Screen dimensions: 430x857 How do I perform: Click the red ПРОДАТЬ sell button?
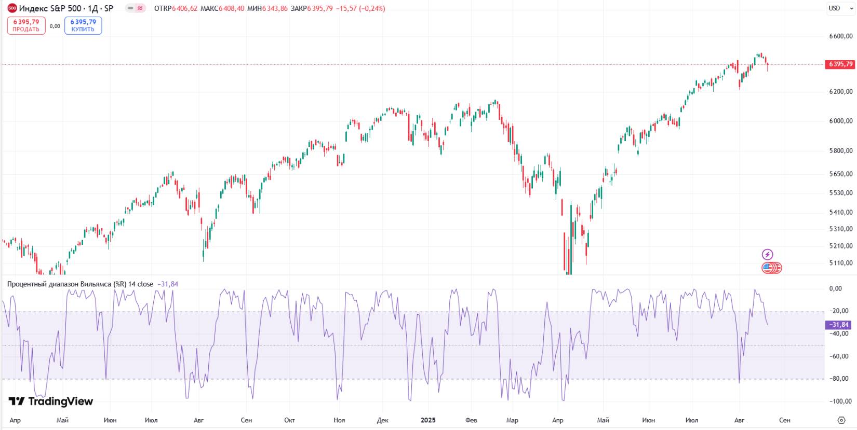coord(26,25)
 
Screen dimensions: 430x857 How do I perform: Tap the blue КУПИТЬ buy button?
coord(83,25)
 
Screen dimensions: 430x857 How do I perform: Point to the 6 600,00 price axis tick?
coord(840,36)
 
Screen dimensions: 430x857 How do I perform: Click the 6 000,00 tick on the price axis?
coord(840,121)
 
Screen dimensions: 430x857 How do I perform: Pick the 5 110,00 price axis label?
coord(840,263)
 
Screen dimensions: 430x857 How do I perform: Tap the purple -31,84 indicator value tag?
coord(838,325)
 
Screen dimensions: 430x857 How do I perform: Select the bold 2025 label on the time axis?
coord(428,420)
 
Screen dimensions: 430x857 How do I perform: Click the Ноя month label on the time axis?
coord(339,420)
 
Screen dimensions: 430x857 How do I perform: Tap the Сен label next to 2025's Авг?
coord(784,420)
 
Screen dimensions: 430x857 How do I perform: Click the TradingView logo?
coord(51,401)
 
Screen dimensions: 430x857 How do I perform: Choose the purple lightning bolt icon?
coord(767,255)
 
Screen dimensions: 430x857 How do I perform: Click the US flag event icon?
coord(768,268)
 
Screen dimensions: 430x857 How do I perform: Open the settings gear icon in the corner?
coord(841,420)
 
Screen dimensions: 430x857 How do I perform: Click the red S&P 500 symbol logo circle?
coord(12,8)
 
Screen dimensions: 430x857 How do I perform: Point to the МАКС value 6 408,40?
coord(231,8)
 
